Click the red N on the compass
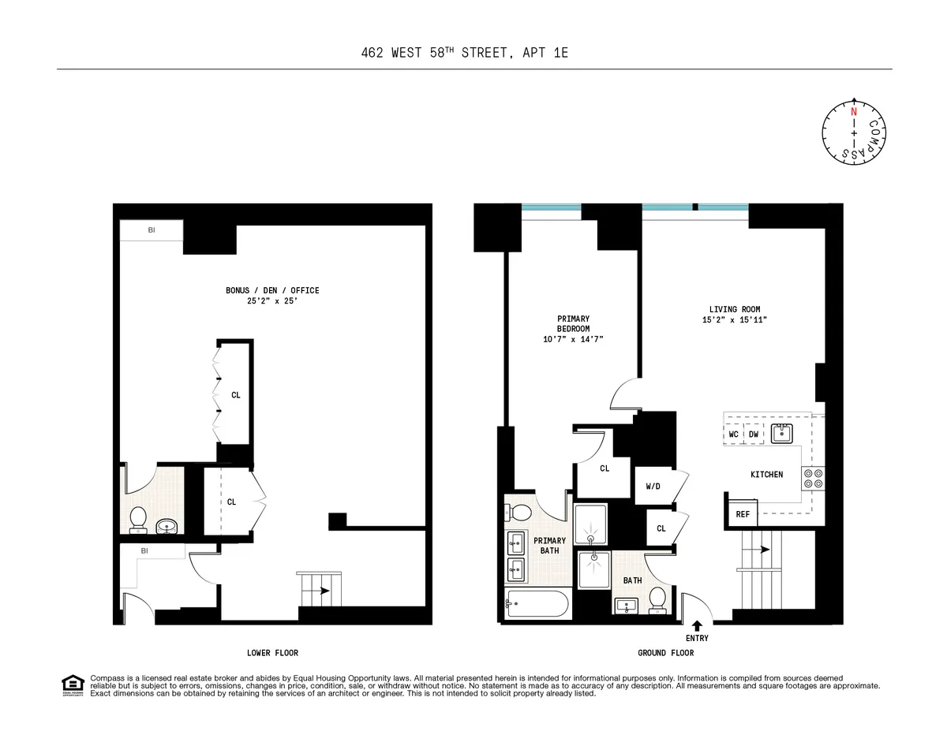tap(853, 112)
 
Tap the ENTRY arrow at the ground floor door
tap(697, 626)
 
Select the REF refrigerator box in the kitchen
tap(743, 514)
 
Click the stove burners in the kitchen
tap(813, 477)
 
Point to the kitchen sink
tap(782, 433)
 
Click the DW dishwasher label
tap(754, 434)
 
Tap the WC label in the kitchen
tap(733, 434)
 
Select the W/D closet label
tap(653, 487)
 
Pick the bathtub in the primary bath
tap(537, 605)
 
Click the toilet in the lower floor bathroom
tap(138, 519)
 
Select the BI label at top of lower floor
tap(152, 230)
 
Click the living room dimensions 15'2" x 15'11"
tap(735, 320)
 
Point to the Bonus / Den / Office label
tap(272, 290)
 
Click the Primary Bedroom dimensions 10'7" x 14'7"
tap(573, 339)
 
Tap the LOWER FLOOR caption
tap(272, 653)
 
